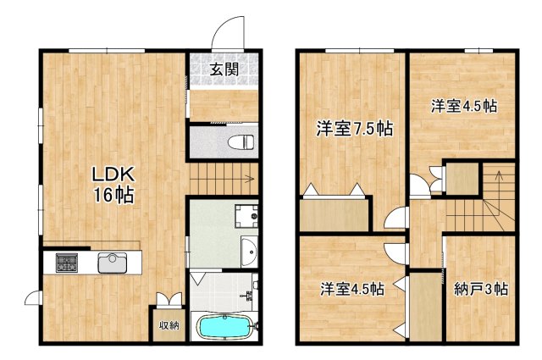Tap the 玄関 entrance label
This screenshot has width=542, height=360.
[224, 69]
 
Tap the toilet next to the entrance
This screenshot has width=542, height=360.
[244, 140]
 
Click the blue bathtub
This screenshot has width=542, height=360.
[224, 326]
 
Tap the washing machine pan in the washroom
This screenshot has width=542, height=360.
[246, 217]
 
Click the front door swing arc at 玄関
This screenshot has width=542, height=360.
[227, 32]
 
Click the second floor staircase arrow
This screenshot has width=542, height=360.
[499, 180]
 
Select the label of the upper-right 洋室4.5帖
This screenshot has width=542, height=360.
[462, 107]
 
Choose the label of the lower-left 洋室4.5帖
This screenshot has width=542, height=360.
[351, 289]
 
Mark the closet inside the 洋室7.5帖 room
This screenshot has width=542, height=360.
[335, 213]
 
